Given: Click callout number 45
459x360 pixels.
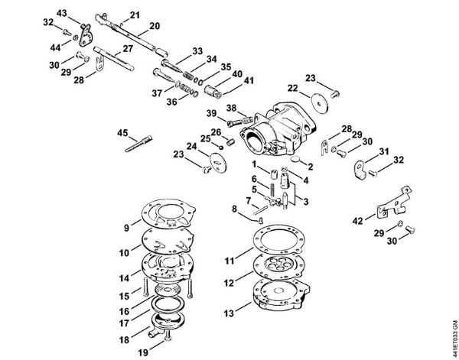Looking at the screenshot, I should (122, 132).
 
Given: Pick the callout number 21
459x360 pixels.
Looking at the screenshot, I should (135, 15).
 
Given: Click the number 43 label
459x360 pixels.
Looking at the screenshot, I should (63, 12).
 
